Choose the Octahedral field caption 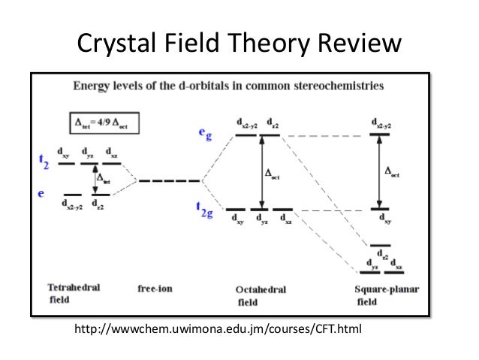coord(261,295)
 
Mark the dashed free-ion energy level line coord(169,180)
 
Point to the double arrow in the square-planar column coord(380,172)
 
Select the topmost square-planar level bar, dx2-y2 coord(381,135)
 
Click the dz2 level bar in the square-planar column coord(381,246)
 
